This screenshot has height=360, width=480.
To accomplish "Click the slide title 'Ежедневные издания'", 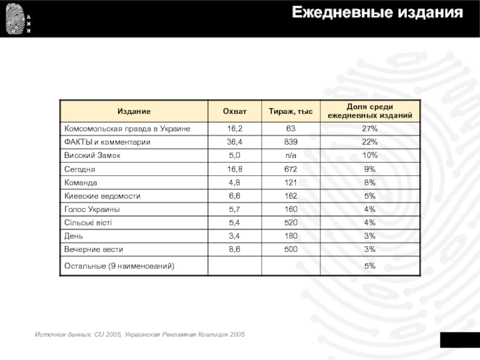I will pyautogui.click(x=377, y=13).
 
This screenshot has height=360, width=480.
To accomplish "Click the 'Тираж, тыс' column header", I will pyautogui.click(x=290, y=111).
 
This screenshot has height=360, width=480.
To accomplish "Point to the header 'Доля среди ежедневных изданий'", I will pyautogui.click(x=370, y=111).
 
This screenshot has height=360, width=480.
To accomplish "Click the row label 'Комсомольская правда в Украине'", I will pyautogui.click(x=127, y=129).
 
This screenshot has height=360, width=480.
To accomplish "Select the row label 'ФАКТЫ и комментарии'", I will pyautogui.click(x=107, y=142).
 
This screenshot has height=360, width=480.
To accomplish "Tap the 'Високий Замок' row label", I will pyautogui.click(x=92, y=155).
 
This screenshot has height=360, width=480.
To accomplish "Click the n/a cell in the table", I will pyautogui.click(x=291, y=155).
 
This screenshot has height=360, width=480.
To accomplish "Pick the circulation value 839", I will pyautogui.click(x=291, y=142).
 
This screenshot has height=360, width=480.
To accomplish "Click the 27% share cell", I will pyautogui.click(x=370, y=129).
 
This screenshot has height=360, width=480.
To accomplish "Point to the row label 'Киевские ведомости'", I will pyautogui.click(x=103, y=196).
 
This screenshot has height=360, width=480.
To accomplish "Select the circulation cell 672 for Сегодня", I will pyautogui.click(x=291, y=169).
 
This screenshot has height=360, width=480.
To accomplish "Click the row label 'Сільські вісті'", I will pyautogui.click(x=88, y=223).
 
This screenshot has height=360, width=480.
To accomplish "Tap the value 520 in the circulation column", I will pyautogui.click(x=291, y=223).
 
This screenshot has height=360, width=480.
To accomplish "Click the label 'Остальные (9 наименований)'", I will pyautogui.click(x=119, y=265).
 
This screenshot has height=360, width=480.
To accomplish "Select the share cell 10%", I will pyautogui.click(x=370, y=155).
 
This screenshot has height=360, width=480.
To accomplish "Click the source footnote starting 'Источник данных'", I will pyautogui.click(x=140, y=334).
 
